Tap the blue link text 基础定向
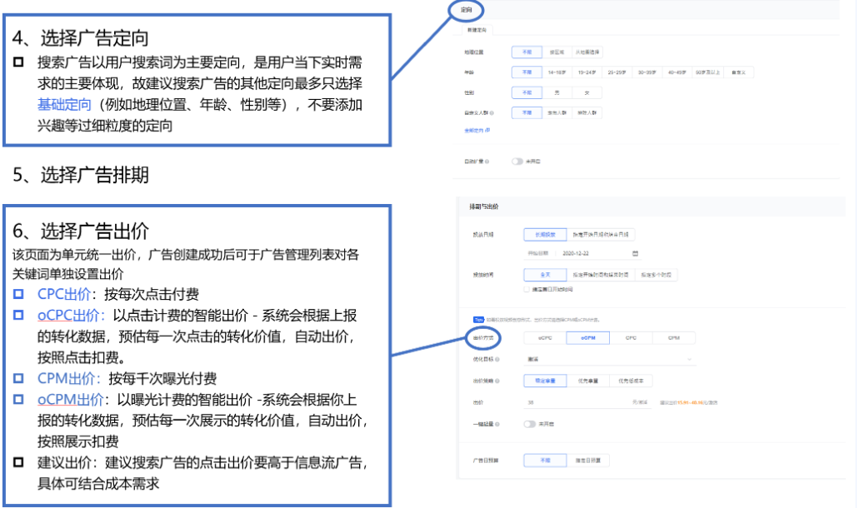[x=64, y=105]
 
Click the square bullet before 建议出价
[x=19, y=462]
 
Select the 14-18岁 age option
[x=557, y=72]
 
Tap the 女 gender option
[x=587, y=92]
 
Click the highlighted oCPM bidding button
[x=587, y=338]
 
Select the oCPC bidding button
[x=545, y=338]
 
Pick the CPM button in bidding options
[x=673, y=338]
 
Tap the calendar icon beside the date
[x=635, y=252]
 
